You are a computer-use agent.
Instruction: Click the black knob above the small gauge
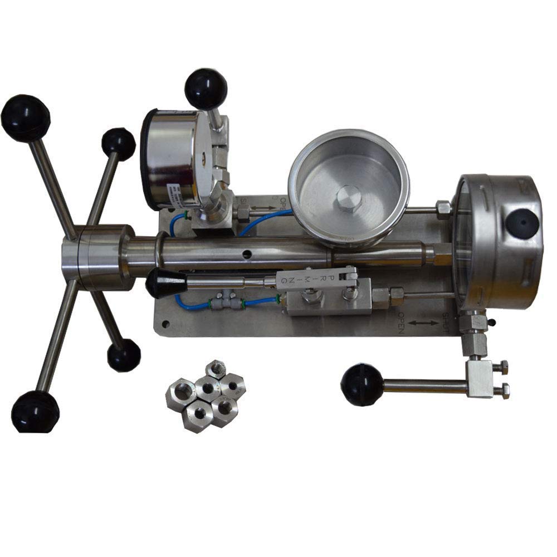(206, 88)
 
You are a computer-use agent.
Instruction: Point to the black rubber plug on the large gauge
(521, 223)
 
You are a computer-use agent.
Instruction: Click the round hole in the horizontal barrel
(245, 255)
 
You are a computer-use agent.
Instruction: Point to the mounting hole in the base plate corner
(165, 323)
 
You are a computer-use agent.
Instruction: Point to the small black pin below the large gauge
(491, 321)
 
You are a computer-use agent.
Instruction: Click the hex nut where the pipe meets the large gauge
(443, 209)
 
